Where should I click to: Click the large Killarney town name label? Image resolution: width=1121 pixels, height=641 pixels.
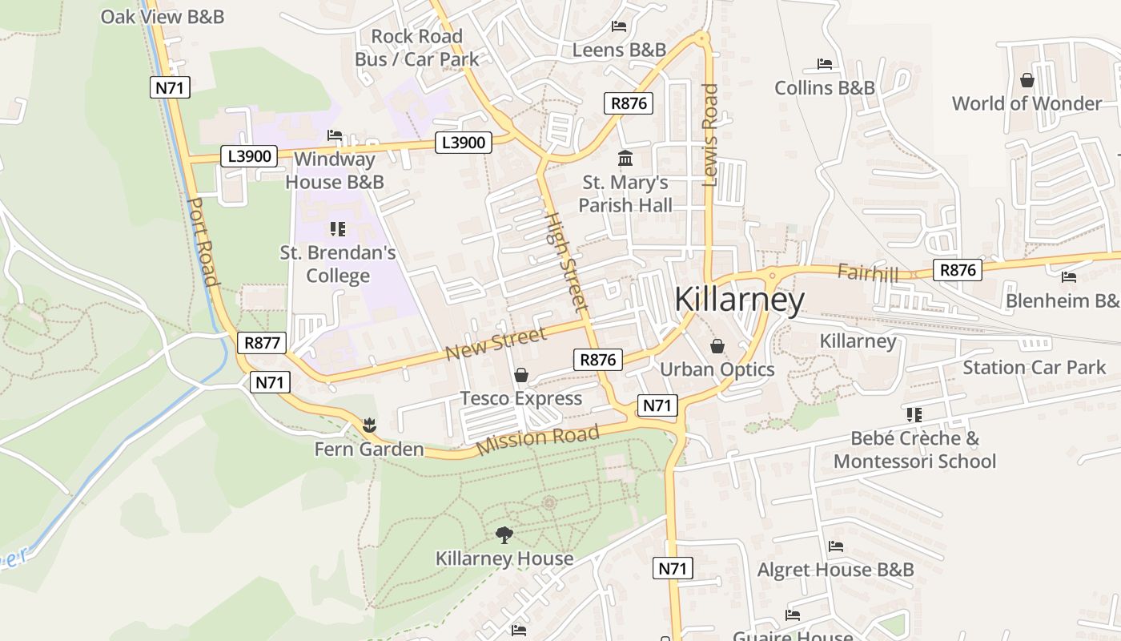tap(738, 300)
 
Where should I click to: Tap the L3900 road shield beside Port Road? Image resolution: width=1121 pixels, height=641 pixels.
tap(249, 155)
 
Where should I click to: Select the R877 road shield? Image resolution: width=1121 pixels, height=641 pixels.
tap(262, 343)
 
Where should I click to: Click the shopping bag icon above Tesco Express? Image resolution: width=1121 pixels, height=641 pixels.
tap(521, 375)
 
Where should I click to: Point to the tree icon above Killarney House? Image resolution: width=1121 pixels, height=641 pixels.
tap(504, 534)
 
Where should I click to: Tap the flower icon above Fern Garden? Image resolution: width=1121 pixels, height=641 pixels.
tap(368, 424)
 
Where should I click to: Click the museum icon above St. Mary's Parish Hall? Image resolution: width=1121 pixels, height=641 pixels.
tap(625, 158)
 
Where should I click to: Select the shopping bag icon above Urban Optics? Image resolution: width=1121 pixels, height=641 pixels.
tap(717, 346)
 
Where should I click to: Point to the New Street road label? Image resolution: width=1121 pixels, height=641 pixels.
tap(496, 343)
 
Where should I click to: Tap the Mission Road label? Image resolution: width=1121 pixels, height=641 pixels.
tap(537, 440)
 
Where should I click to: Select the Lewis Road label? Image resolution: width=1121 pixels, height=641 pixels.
tap(710, 135)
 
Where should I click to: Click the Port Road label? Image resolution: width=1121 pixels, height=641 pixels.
tap(203, 241)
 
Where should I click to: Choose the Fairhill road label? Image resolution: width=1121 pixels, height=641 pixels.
tap(867, 272)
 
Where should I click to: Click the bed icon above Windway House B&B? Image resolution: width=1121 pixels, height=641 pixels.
tap(335, 135)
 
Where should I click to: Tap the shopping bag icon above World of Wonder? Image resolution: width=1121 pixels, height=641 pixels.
tap(1027, 80)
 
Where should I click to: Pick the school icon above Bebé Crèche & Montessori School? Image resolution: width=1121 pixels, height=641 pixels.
tap(914, 414)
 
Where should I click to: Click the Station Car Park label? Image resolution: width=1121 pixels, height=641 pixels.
tap(1034, 368)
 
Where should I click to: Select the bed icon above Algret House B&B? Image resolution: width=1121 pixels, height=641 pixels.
tap(836, 546)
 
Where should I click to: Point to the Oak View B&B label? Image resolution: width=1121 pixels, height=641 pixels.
tap(162, 16)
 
